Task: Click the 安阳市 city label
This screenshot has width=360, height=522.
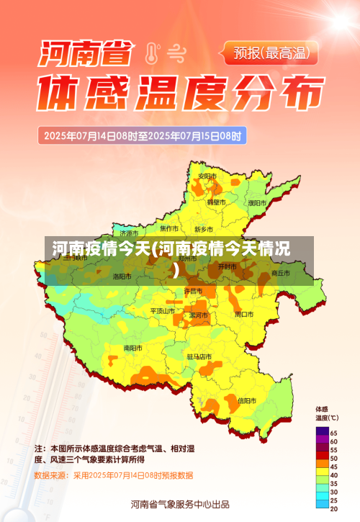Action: [207, 176]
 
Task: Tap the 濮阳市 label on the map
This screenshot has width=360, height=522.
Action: [257, 203]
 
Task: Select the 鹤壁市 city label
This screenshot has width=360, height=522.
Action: [216, 202]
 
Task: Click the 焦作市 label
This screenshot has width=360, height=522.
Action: [170, 228]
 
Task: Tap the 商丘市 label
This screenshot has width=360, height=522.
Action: [279, 274]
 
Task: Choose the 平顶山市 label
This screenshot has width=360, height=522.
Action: [163, 311]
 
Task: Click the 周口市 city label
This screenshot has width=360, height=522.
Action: [243, 315]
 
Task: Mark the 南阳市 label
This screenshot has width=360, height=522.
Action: [133, 348]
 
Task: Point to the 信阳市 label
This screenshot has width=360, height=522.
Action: [246, 400]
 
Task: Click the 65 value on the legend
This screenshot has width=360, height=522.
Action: [333, 432]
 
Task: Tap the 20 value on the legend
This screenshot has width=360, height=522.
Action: [333, 509]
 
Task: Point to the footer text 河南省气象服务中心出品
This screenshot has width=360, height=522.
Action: [180, 503]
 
